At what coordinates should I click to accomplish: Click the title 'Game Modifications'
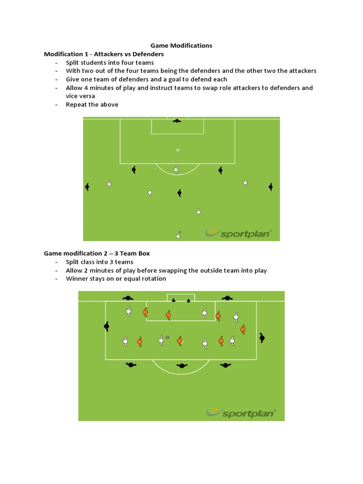(x=181, y=45)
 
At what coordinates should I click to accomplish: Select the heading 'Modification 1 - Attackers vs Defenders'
(x=104, y=54)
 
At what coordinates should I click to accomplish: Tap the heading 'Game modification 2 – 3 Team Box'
(x=97, y=253)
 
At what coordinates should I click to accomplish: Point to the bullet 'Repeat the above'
(x=92, y=104)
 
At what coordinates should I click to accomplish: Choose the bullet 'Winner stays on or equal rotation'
(x=116, y=279)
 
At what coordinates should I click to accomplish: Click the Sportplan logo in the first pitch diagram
(x=239, y=232)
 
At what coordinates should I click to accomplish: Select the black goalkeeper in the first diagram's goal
(x=177, y=121)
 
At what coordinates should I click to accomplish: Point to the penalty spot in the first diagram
(x=178, y=150)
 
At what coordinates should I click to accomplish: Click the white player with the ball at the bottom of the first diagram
(x=179, y=235)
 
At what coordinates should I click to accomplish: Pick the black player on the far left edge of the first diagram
(x=87, y=187)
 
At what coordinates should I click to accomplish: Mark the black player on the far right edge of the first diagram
(x=270, y=187)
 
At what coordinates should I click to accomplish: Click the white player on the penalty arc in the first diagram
(x=176, y=169)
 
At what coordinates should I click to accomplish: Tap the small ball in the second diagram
(x=167, y=337)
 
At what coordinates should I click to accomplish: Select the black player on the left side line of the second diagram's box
(x=107, y=326)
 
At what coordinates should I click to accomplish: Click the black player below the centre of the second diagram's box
(x=181, y=366)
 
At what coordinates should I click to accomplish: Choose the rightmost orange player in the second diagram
(x=243, y=329)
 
